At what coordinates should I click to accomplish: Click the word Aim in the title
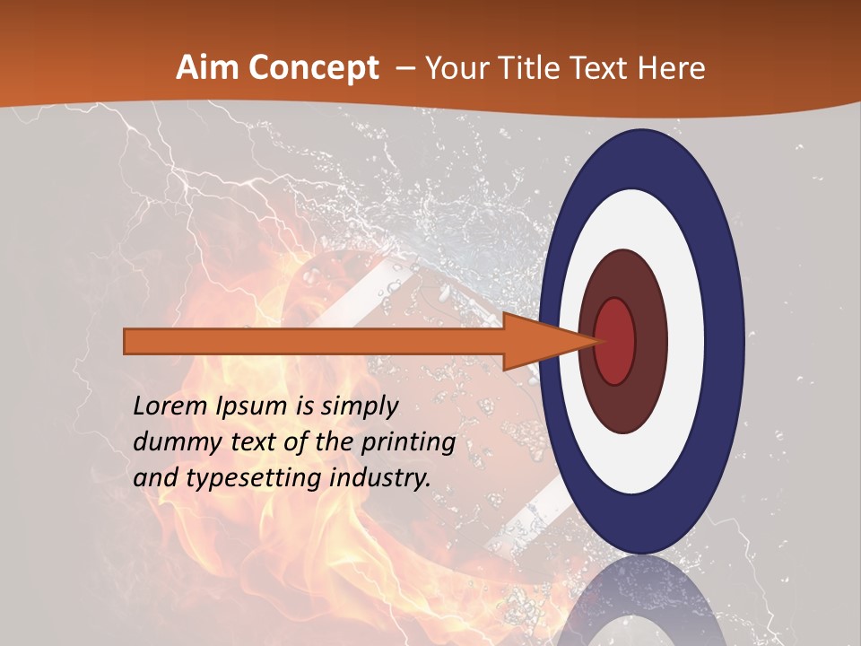coord(205,68)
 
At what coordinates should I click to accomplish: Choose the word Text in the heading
coord(610,68)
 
